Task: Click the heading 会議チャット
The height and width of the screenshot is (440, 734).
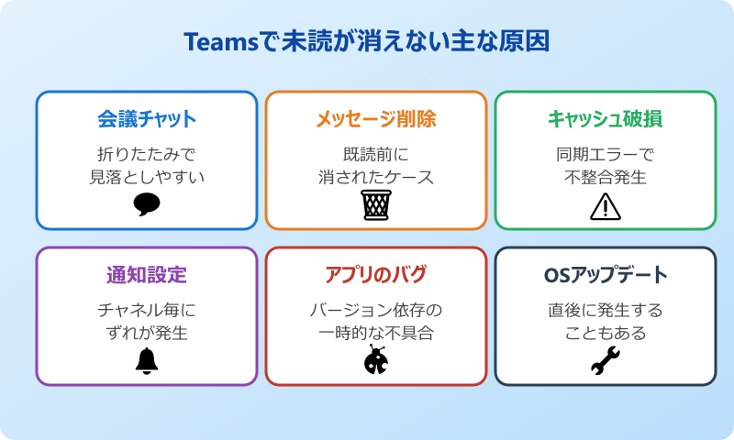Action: tap(147, 119)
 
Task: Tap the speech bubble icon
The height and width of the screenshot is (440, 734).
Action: tap(147, 203)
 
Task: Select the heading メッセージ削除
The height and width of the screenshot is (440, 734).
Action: tap(376, 119)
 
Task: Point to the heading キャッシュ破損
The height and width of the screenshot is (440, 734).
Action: tap(606, 119)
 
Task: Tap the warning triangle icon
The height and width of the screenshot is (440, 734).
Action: tap(606, 206)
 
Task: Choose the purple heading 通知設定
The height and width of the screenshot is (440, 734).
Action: tap(147, 275)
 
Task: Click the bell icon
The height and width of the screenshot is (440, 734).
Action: tap(147, 361)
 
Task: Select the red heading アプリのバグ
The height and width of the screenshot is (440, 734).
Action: tap(376, 275)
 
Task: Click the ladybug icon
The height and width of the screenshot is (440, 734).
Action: tap(376, 360)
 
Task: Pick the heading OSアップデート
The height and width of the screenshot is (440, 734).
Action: tap(606, 275)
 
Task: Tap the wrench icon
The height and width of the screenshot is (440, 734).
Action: tap(606, 361)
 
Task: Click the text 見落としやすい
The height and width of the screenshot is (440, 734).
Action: tap(147, 175)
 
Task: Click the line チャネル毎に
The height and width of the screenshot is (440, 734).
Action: tap(147, 310)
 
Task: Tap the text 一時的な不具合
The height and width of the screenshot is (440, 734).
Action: tap(376, 333)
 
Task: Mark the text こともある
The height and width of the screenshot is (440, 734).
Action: tap(606, 333)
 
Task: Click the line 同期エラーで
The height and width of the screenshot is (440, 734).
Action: tap(606, 153)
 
